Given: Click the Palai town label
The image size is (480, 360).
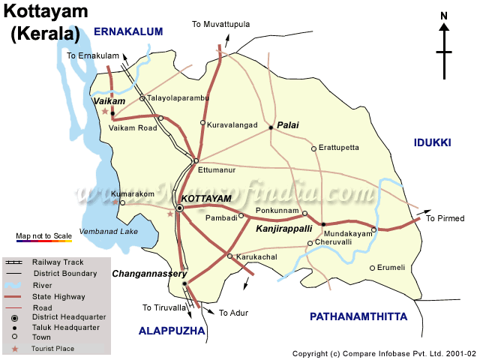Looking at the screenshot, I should (x=288, y=125).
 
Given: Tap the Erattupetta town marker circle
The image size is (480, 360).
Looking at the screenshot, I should (x=314, y=148).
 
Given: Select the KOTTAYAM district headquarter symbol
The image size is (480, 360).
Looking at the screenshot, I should (x=180, y=208).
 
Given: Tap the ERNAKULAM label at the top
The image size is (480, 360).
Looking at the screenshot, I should (x=128, y=31).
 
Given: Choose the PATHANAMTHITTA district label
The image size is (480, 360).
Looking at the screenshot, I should (x=358, y=316).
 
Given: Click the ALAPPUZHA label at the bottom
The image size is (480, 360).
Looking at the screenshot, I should (x=173, y=330).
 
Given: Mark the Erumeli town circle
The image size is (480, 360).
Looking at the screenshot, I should (x=372, y=268).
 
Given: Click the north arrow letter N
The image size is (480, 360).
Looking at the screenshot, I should (x=444, y=16).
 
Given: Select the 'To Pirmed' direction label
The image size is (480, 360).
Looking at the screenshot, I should (x=445, y=218).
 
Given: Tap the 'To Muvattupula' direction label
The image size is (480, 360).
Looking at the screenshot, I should (x=220, y=25).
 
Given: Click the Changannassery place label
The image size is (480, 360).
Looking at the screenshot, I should (x=149, y=274).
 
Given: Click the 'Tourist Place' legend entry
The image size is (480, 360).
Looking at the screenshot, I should (x=52, y=349).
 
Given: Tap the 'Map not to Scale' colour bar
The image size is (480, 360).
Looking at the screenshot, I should (x=43, y=241).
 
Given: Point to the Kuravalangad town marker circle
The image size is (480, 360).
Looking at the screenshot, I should (x=202, y=123).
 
